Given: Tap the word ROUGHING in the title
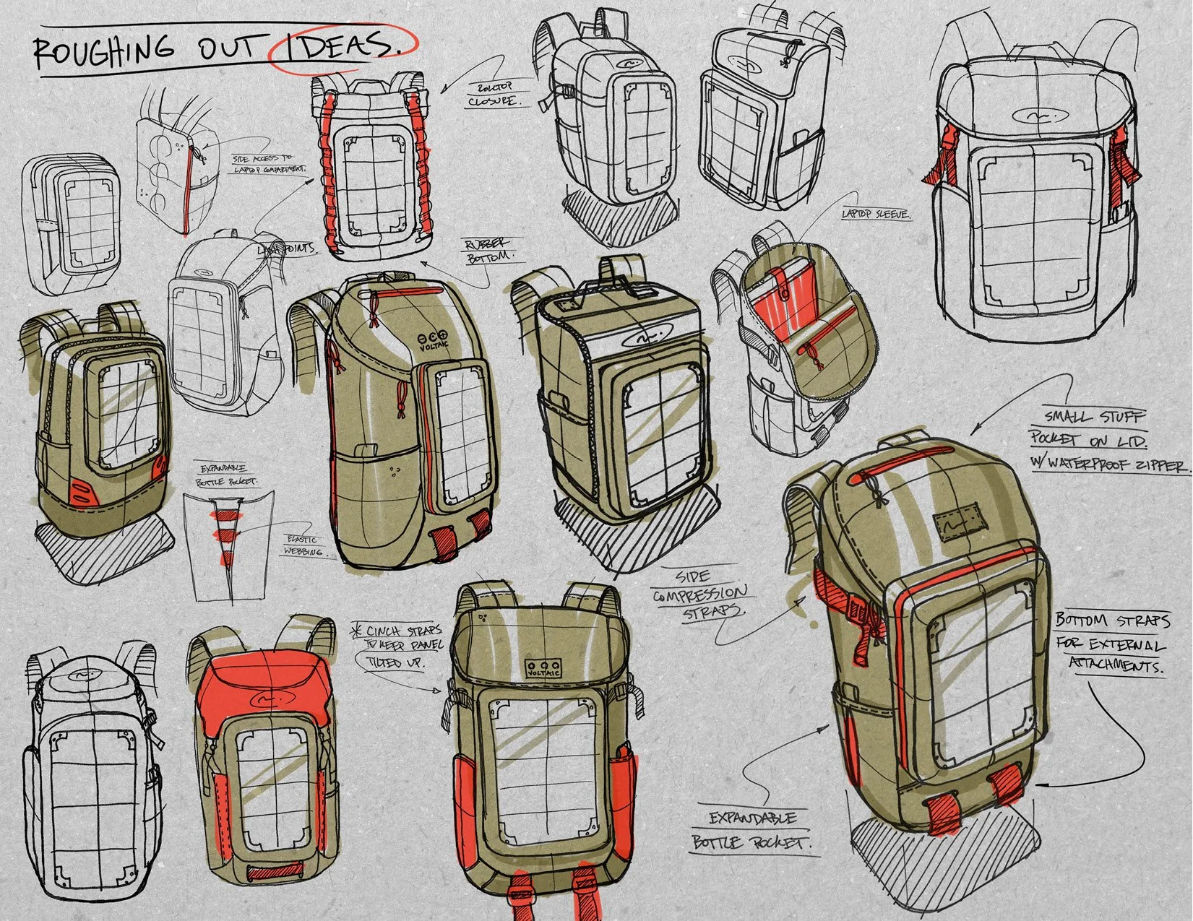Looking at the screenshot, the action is tap(105, 50).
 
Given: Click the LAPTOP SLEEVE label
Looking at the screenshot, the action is tap(875, 215).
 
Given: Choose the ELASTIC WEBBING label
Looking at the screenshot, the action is tap(304, 545).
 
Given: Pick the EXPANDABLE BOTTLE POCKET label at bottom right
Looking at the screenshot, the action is tap(752, 830).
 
